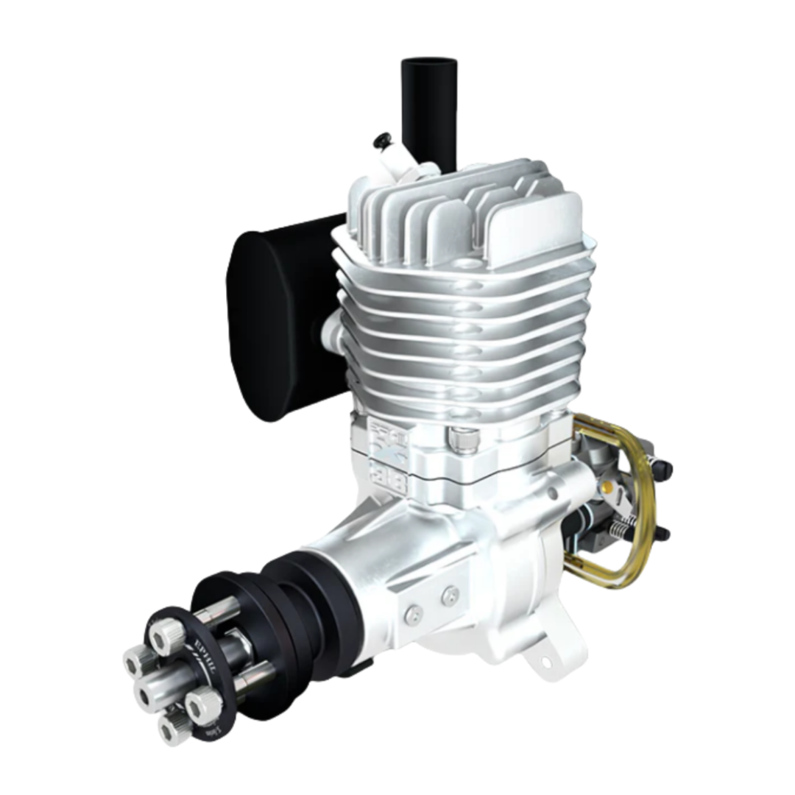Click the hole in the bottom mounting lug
(546, 661)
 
